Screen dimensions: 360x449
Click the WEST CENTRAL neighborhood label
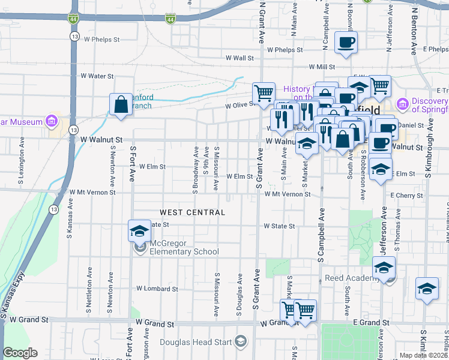pos(192,212)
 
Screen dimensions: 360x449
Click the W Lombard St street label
pos(157,289)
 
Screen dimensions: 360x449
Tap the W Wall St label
pos(240,58)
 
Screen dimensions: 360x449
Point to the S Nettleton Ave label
pos(89,290)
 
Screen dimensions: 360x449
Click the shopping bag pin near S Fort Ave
pos(121,104)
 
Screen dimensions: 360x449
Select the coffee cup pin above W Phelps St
pos(346,43)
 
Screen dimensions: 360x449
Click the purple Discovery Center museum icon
pos(402,105)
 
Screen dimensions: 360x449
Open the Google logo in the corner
pos(20,353)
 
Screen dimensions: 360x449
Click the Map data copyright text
pos(424,355)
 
